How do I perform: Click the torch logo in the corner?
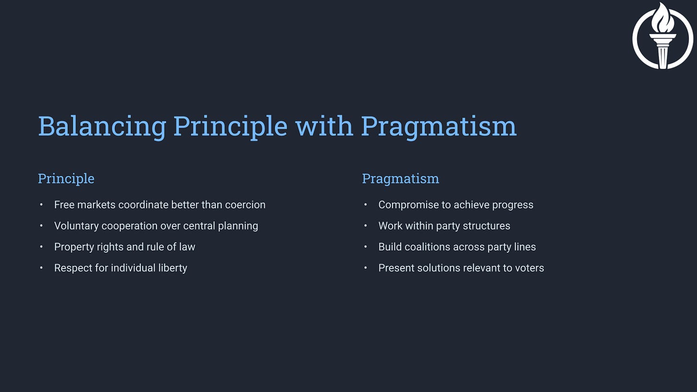click(x=663, y=36)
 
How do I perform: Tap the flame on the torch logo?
click(x=663, y=18)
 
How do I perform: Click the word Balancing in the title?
click(x=102, y=127)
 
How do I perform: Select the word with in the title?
click(x=324, y=126)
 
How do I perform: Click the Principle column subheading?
click(x=66, y=179)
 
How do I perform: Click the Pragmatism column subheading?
click(x=401, y=179)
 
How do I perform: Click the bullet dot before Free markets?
click(x=41, y=205)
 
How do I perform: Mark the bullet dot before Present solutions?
click(x=365, y=268)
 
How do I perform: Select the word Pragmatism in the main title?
click(x=438, y=127)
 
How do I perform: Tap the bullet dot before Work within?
click(x=365, y=226)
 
